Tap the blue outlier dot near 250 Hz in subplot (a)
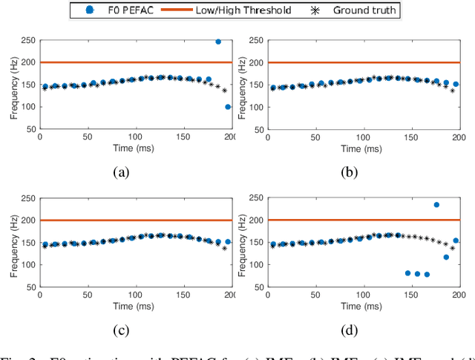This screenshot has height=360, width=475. click(x=218, y=42)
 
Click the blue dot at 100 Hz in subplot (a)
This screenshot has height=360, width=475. click(x=228, y=107)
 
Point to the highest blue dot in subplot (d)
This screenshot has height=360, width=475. click(x=436, y=205)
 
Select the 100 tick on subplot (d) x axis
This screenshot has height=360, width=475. click(x=364, y=295)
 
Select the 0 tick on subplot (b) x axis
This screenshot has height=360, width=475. click(x=267, y=137)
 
